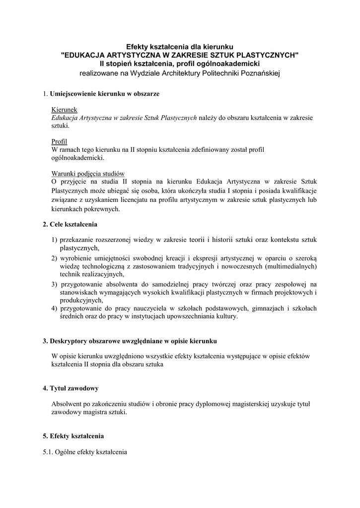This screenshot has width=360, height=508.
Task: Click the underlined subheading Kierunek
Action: (x=64, y=109)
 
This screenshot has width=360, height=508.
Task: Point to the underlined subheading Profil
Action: (x=60, y=141)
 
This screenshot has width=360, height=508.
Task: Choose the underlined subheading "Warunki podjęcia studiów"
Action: (x=87, y=174)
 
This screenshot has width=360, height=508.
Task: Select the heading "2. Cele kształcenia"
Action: (x=70, y=224)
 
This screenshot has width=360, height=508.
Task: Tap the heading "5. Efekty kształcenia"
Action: (x=73, y=436)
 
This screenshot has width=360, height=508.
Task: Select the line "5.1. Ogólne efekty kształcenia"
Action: (x=85, y=452)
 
